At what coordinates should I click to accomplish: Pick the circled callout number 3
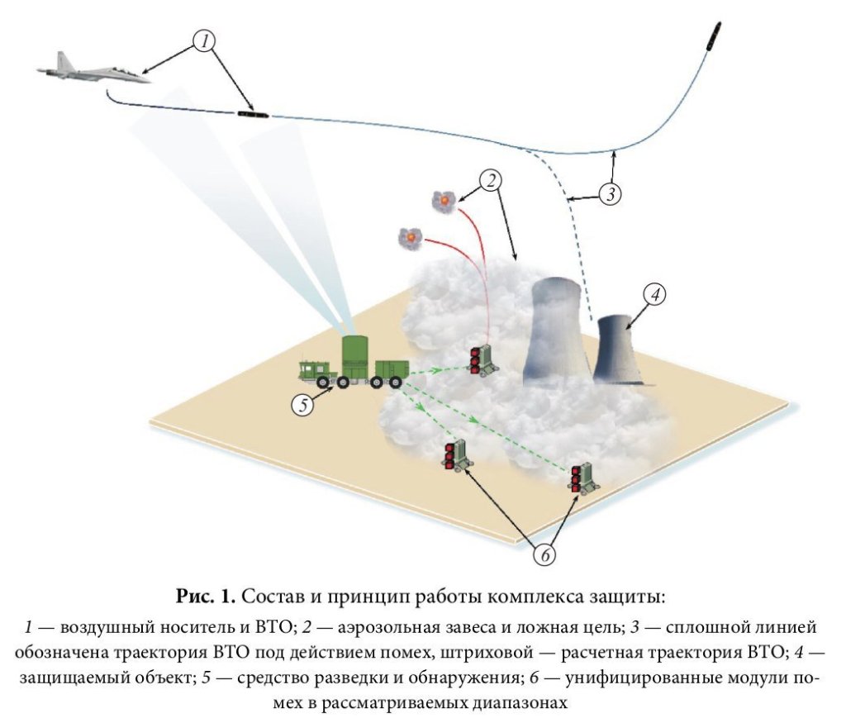click(x=609, y=194)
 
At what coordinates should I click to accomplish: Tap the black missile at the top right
click(x=715, y=36)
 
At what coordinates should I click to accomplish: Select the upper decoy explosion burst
click(x=444, y=199)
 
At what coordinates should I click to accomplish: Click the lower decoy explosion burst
click(x=410, y=238)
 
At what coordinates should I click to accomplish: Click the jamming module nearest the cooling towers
click(x=482, y=359)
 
